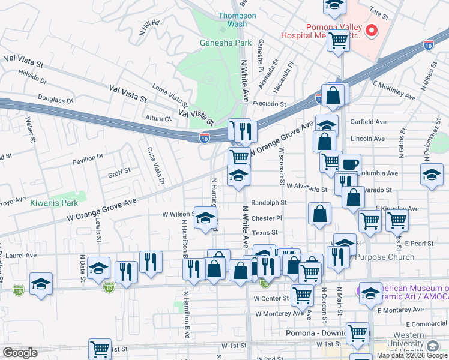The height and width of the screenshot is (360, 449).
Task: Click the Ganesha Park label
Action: [x=226, y=43]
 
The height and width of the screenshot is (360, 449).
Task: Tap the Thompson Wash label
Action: [x=232, y=20]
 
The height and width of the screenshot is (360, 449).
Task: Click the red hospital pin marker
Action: [x=372, y=29]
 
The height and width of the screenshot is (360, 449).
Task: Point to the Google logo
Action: [x=20, y=353]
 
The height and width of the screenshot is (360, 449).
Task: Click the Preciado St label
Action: [x=270, y=103]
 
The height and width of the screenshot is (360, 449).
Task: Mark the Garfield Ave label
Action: [x=369, y=122]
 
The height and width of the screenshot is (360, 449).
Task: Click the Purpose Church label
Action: [x=385, y=257]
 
